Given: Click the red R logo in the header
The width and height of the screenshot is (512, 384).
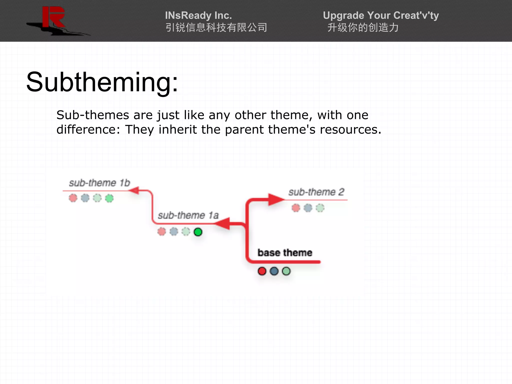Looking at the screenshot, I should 53,17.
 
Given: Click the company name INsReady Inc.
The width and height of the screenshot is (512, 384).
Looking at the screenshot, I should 198,15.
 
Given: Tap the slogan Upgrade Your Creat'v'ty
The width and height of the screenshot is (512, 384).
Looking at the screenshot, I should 380,15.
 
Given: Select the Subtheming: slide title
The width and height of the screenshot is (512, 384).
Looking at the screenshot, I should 102,82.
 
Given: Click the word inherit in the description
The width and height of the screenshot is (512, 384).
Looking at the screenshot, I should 178,129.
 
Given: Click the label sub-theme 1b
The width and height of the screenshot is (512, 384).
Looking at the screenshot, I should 99,183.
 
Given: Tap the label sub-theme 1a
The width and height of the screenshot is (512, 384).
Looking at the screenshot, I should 188,215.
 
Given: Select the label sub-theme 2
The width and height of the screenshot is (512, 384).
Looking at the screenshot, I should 316,192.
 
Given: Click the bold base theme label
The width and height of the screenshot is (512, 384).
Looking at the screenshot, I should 285,253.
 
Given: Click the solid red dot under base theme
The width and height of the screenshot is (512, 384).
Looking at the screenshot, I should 262,271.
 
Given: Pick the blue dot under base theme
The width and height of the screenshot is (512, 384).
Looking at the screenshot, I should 274,271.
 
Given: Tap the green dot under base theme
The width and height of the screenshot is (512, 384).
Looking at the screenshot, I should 286,271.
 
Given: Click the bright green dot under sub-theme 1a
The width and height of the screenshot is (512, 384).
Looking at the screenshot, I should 198,232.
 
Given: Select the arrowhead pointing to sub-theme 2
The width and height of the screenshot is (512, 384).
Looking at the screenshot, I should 275,199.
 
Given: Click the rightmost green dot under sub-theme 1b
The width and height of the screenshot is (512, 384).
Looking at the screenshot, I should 109,198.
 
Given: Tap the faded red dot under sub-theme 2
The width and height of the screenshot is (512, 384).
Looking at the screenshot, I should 296,208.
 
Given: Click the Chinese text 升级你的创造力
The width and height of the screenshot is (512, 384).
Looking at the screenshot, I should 363,27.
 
